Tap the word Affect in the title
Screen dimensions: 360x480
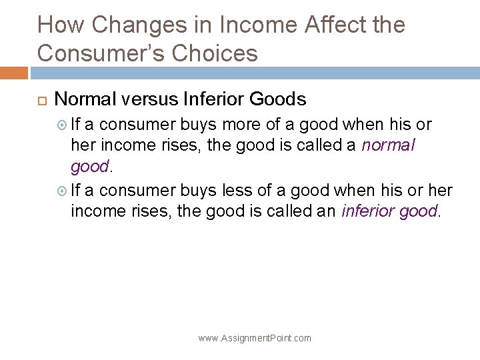329,26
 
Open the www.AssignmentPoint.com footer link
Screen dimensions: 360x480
255,338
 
